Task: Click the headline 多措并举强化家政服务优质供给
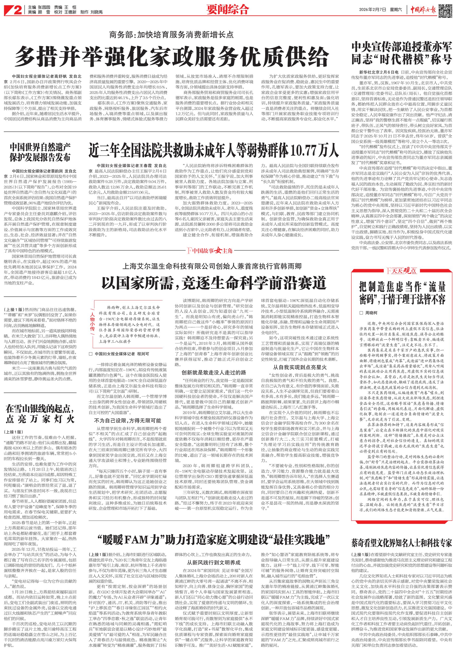[171, 57]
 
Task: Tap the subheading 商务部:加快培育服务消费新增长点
[171, 35]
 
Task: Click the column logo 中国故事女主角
[210, 250]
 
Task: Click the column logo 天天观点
[401, 271]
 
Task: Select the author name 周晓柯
[371, 313]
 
